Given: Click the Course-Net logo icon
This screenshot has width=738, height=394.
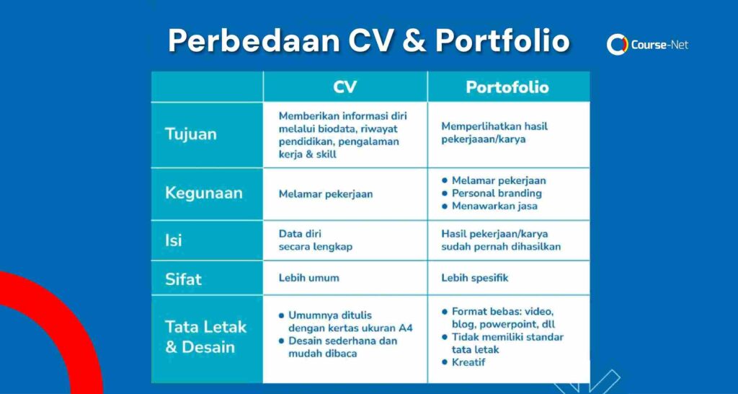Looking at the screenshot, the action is tap(617, 45).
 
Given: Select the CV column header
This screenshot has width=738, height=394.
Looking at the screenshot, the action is tap(345, 87).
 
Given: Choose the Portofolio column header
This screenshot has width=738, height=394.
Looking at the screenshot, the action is tap(507, 87).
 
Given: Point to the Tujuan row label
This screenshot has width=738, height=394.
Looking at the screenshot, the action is tap(191, 134).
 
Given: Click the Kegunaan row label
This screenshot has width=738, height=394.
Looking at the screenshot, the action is tap(204, 193).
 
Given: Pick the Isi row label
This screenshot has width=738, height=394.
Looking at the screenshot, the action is tap(173, 240).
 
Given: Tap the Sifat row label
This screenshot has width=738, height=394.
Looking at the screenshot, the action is tap(183, 279).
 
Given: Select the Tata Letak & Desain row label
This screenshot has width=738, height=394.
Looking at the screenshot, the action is tap(205, 337).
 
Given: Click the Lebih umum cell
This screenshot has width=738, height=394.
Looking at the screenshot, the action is tap(308, 278).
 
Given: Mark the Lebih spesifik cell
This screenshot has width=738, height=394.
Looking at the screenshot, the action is tap(475, 278).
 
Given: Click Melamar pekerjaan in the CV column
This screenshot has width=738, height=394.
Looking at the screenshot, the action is tap(326, 194).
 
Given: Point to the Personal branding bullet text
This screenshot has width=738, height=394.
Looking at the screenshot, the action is tap(497, 193).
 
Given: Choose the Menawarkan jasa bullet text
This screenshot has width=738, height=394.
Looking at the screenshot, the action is tap(494, 206).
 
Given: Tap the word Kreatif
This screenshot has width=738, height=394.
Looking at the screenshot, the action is tap(468, 362).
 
